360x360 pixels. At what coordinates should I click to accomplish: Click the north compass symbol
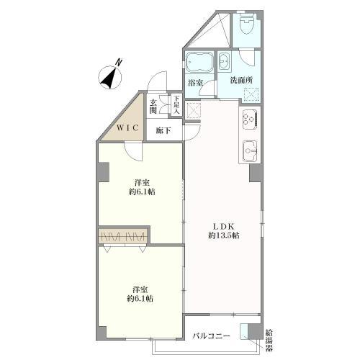click(x=110, y=77)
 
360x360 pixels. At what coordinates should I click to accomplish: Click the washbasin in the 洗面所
click(x=225, y=61)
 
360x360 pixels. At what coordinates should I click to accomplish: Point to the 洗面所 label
click(x=241, y=80)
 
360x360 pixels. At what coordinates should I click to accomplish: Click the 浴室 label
click(x=196, y=83)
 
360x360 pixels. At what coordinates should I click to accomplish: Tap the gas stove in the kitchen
click(x=250, y=120)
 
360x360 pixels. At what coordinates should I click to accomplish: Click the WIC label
click(x=127, y=127)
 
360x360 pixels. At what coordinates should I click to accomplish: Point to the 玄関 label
click(x=153, y=107)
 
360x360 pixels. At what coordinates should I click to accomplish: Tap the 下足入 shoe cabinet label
click(x=176, y=105)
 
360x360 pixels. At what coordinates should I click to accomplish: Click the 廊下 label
click(x=163, y=130)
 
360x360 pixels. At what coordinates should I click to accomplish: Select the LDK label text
click(x=224, y=226)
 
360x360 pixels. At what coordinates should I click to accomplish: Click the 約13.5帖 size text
click(x=224, y=235)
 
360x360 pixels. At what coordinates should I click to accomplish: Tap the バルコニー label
click(x=212, y=336)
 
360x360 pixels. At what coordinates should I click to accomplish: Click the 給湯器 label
click(x=269, y=341)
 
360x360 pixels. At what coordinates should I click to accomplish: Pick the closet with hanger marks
click(x=123, y=236)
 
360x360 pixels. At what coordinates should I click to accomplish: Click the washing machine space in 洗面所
click(x=251, y=94)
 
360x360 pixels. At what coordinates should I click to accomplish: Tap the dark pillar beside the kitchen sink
click(x=255, y=173)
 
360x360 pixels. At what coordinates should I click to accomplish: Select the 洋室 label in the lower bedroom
click(x=140, y=289)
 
